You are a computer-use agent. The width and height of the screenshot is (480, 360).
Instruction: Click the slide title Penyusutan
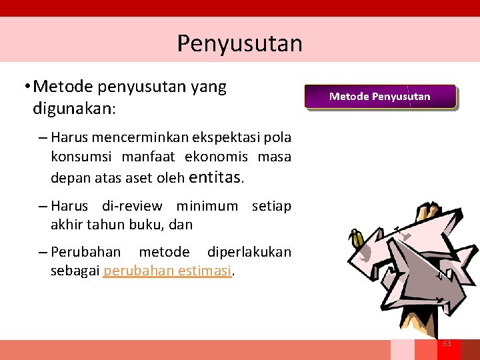click(x=239, y=43)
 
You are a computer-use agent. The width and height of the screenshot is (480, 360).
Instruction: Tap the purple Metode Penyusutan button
click(x=380, y=97)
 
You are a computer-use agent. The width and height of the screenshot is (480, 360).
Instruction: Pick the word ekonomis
click(x=216, y=157)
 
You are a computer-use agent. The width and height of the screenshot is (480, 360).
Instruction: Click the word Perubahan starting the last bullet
click(x=86, y=252)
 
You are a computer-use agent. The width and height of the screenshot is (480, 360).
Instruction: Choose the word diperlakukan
click(x=249, y=252)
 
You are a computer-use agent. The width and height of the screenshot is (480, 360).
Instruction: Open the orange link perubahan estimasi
click(x=167, y=271)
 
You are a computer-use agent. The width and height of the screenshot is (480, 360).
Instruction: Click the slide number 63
click(x=447, y=343)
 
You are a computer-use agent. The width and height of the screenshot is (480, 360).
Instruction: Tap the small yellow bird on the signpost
click(x=358, y=239)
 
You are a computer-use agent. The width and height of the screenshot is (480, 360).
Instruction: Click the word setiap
click(x=271, y=206)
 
